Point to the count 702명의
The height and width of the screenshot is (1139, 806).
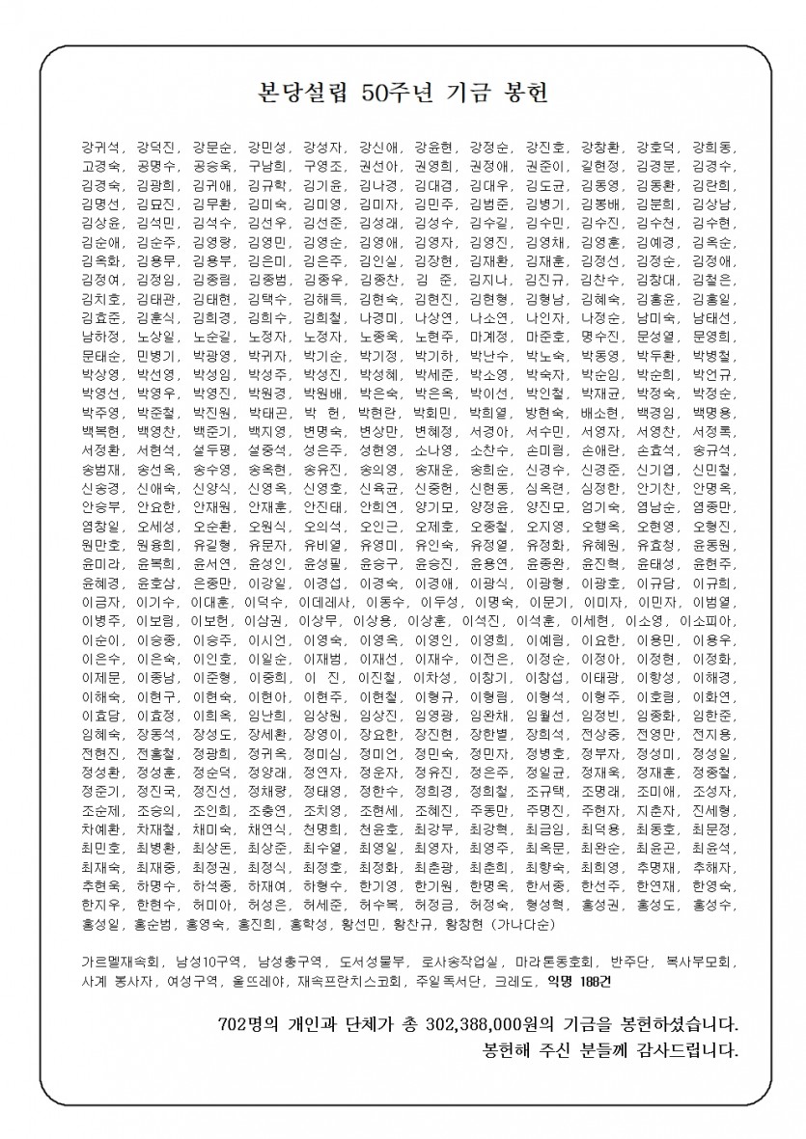[x=252, y=1020]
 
